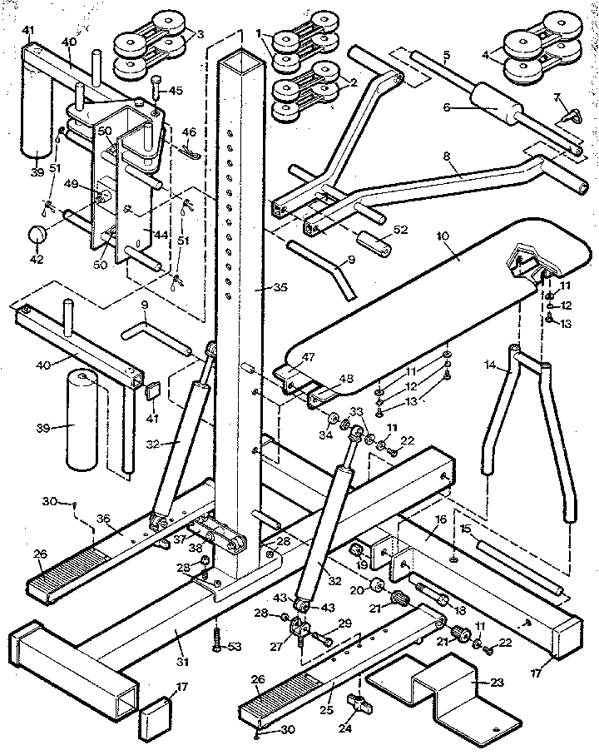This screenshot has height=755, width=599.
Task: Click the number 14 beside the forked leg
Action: pyautogui.click(x=489, y=364)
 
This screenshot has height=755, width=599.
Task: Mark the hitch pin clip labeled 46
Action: pyautogui.click(x=188, y=151)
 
